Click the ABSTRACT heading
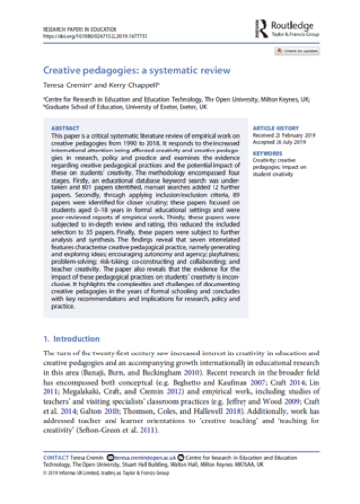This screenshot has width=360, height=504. pyautogui.click(x=65, y=127)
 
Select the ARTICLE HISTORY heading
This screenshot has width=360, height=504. pyautogui.click(x=276, y=127)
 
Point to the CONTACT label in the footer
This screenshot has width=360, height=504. pyautogui.click(x=57, y=480)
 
